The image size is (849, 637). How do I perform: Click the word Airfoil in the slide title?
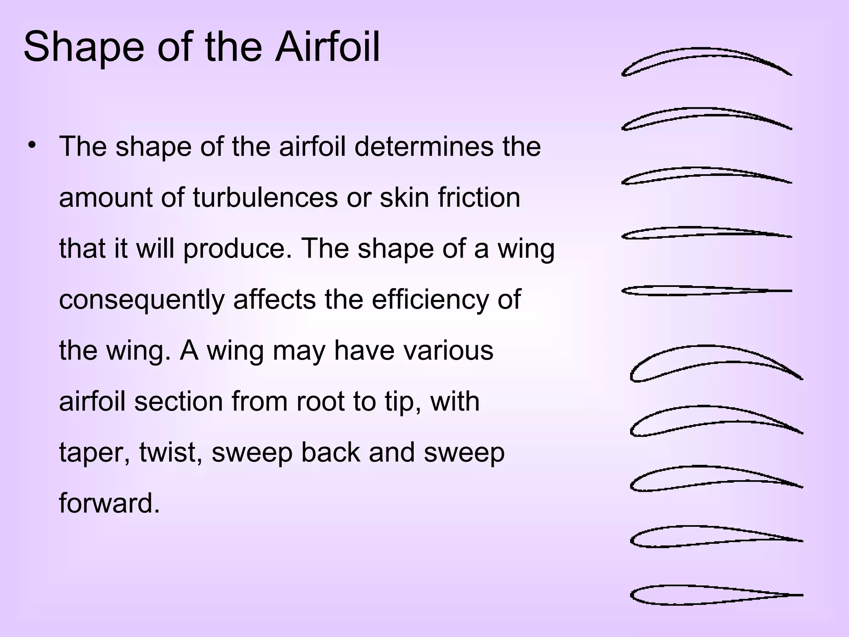327,46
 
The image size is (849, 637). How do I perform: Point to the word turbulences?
266,197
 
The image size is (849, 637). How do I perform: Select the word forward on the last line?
109,503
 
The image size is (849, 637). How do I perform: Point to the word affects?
274,299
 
